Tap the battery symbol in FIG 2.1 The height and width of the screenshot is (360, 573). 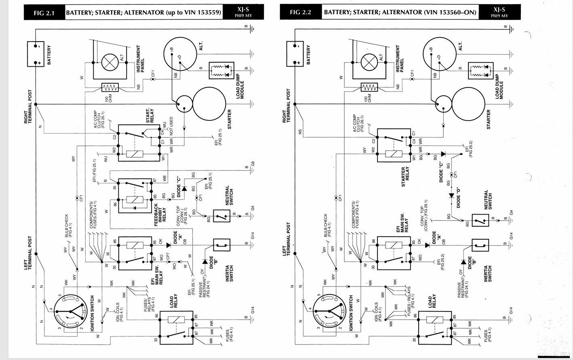pyautogui.click(x=36, y=54)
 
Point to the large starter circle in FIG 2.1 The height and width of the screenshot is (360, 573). pyautogui.click(x=209, y=103)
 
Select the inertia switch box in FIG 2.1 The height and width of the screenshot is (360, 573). pyautogui.click(x=221, y=245)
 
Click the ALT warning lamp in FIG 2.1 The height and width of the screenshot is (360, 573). pyautogui.click(x=109, y=63)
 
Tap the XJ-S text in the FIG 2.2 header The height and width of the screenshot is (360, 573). pyautogui.click(x=499, y=9)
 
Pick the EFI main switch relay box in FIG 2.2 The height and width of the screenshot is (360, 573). pyautogui.click(x=394, y=253)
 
